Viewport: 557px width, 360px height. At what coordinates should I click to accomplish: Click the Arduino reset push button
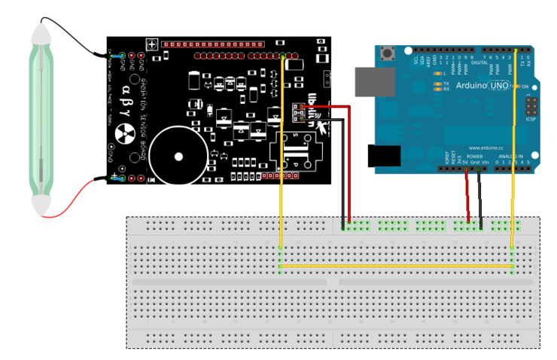pos(390,53)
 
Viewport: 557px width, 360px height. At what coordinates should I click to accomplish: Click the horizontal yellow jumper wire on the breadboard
pos(395,266)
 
